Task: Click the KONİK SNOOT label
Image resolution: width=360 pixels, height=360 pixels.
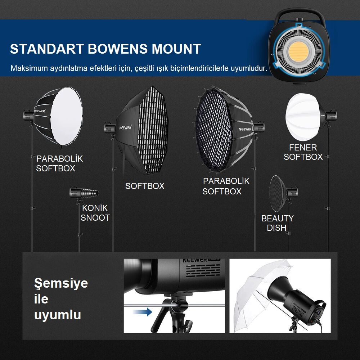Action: [95, 213]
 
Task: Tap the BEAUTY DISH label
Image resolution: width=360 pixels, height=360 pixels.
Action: [277, 223]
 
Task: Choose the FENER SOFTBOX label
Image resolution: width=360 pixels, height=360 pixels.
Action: [303, 152]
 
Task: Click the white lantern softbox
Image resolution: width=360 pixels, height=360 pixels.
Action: [303, 117]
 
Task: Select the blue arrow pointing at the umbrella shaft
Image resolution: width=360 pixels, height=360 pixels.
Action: [142, 312]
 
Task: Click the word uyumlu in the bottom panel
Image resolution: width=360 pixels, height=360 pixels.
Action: [57, 315]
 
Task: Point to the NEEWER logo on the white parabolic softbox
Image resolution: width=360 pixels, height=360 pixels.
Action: [40, 111]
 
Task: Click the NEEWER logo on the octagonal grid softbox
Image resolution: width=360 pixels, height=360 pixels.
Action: [125, 127]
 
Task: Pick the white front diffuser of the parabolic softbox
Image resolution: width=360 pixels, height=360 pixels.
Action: [67, 116]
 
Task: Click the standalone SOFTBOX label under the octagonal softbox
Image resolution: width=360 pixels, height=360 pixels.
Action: [145, 186]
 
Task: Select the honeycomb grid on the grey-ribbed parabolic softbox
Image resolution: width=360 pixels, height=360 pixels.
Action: [213, 130]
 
